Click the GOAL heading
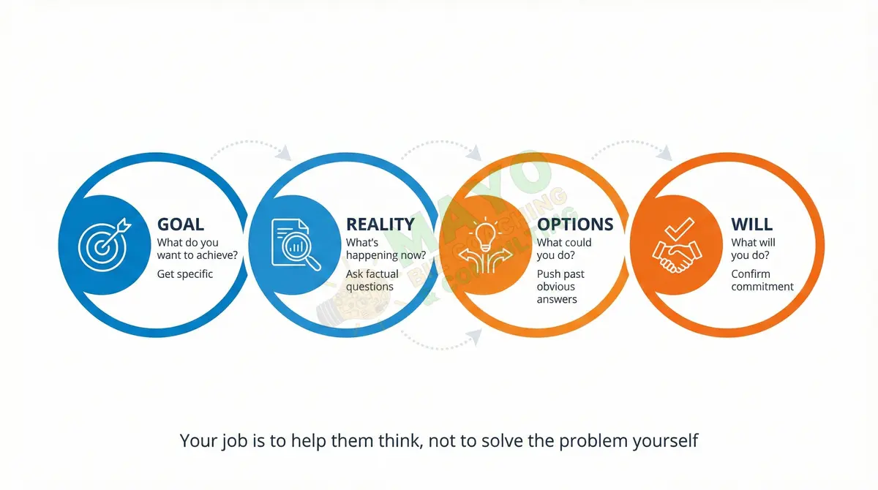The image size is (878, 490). (181, 225)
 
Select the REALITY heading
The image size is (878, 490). (380, 225)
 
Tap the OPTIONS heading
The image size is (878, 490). (575, 225)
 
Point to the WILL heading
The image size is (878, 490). (751, 225)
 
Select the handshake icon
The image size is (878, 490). (675, 244)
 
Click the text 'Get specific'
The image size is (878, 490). (185, 274)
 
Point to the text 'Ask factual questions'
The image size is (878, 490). (372, 280)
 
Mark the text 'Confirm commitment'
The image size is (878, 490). (762, 280)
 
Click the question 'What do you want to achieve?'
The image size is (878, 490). (197, 249)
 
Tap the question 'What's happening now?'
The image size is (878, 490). (386, 249)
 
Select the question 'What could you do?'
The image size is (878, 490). (564, 249)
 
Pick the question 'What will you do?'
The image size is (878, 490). (754, 249)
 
